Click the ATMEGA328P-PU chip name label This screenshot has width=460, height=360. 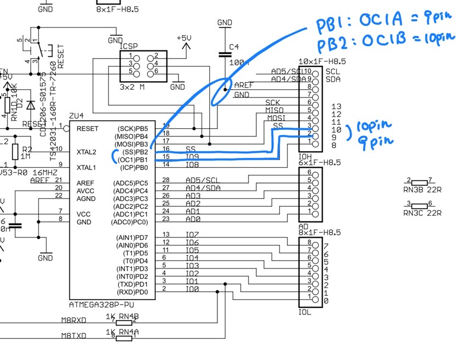coord(102,305)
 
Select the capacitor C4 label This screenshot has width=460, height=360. coord(234,47)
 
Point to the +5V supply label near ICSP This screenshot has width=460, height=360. coord(184,37)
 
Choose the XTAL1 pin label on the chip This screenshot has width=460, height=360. coord(87,167)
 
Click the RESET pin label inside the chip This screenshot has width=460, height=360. coord(88,129)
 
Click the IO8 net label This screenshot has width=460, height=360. coord(191,164)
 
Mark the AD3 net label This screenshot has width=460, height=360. coord(193,196)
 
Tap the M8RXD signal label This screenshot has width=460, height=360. coord(73,321)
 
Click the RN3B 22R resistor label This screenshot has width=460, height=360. coord(419,188)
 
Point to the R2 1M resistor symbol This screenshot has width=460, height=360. coord(15,152)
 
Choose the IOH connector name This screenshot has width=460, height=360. coord(304,156)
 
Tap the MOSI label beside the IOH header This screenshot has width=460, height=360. coord(276,118)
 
